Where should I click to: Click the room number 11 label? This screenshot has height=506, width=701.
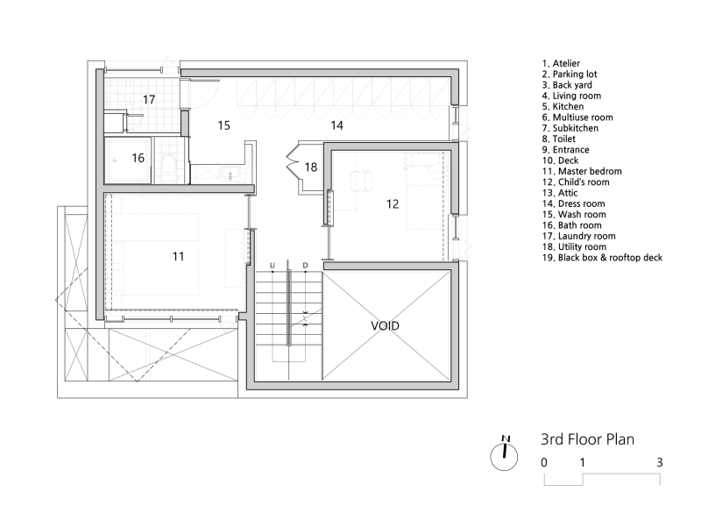point(178,257)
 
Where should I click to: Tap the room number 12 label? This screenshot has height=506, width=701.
point(393,203)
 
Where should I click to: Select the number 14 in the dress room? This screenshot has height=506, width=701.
point(336,126)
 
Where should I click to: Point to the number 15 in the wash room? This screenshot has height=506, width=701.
point(223,126)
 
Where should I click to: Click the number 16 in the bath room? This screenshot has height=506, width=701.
point(138,158)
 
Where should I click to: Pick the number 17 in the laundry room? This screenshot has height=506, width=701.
point(149,100)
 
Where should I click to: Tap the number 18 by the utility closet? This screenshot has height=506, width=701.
point(311,167)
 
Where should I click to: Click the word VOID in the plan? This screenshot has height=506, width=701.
point(385,325)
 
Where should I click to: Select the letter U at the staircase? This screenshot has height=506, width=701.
point(273,265)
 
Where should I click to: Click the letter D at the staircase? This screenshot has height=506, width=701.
point(305,265)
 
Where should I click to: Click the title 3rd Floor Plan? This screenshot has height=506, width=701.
point(586,439)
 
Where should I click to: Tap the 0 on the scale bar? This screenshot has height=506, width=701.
point(544,462)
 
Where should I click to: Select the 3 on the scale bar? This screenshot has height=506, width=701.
point(659,462)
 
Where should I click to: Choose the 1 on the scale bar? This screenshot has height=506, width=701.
point(583,462)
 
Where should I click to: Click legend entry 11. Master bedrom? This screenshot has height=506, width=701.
point(582,172)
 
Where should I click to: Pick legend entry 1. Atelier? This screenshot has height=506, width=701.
point(561,64)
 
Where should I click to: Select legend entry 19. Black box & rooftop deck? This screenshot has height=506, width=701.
point(602,258)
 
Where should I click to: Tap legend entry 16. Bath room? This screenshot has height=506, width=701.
point(572,225)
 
